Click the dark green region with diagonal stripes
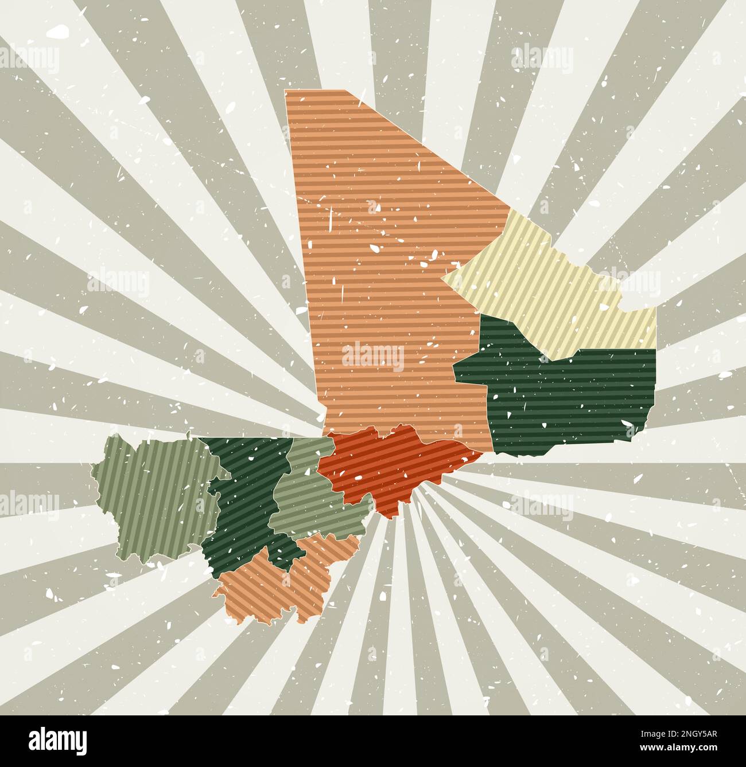[x=247, y=499]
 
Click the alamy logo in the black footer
[x=57, y=739]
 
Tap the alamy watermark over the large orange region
[x=373, y=357]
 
